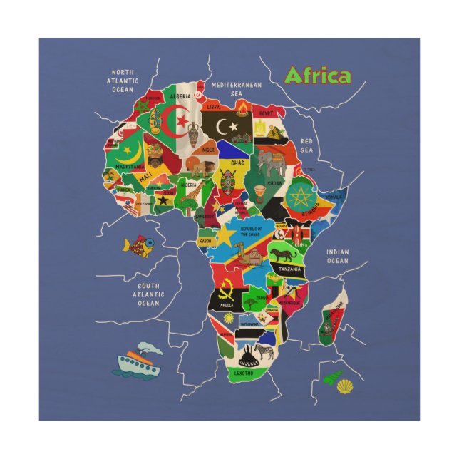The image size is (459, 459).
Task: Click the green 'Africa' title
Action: (317, 76)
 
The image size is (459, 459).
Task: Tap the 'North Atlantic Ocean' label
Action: (122, 81)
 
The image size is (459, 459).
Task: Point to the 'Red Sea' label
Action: (306, 145)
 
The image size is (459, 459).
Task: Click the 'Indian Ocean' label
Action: (338, 256)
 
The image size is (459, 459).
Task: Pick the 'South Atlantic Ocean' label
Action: (148, 294)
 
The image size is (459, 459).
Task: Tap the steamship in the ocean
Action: (139, 361)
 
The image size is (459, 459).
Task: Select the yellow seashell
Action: (345, 386)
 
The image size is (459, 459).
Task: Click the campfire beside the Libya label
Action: (243, 109)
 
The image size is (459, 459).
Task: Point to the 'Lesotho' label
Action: (243, 371)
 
